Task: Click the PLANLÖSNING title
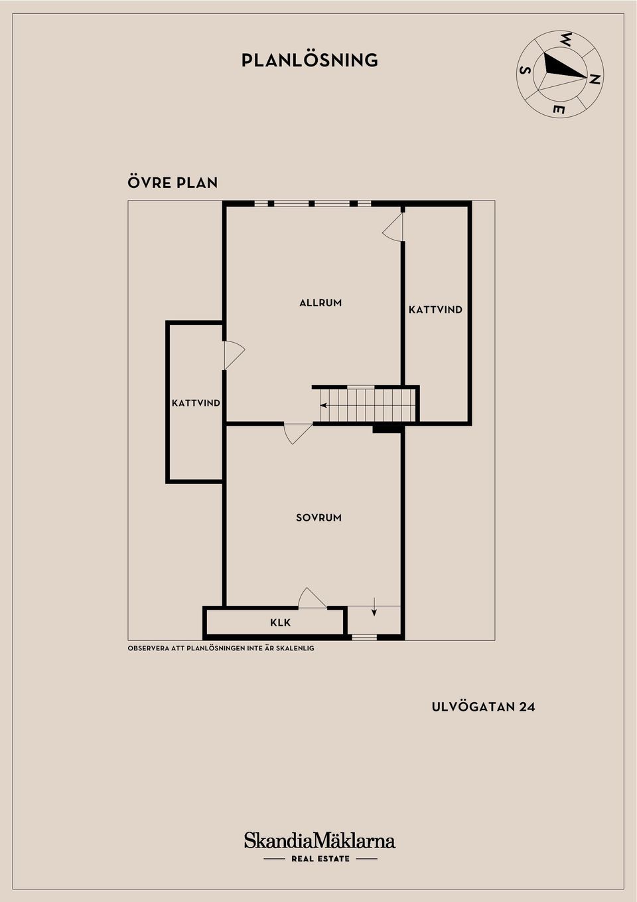tap(310, 60)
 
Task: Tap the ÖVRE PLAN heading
tap(173, 183)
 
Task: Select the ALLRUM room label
tap(320, 303)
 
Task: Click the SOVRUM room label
tap(319, 518)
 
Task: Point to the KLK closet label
tap(280, 622)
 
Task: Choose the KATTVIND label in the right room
tap(435, 310)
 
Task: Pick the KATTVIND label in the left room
tap(196, 403)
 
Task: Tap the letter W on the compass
tap(567, 39)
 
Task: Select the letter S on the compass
tap(526, 70)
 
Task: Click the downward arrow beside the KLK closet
tap(374, 608)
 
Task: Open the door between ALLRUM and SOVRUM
tap(298, 434)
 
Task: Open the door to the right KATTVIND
tap(393, 227)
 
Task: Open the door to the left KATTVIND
tap(234, 355)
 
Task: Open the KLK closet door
tap(312, 598)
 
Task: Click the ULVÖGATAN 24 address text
tap(483, 707)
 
